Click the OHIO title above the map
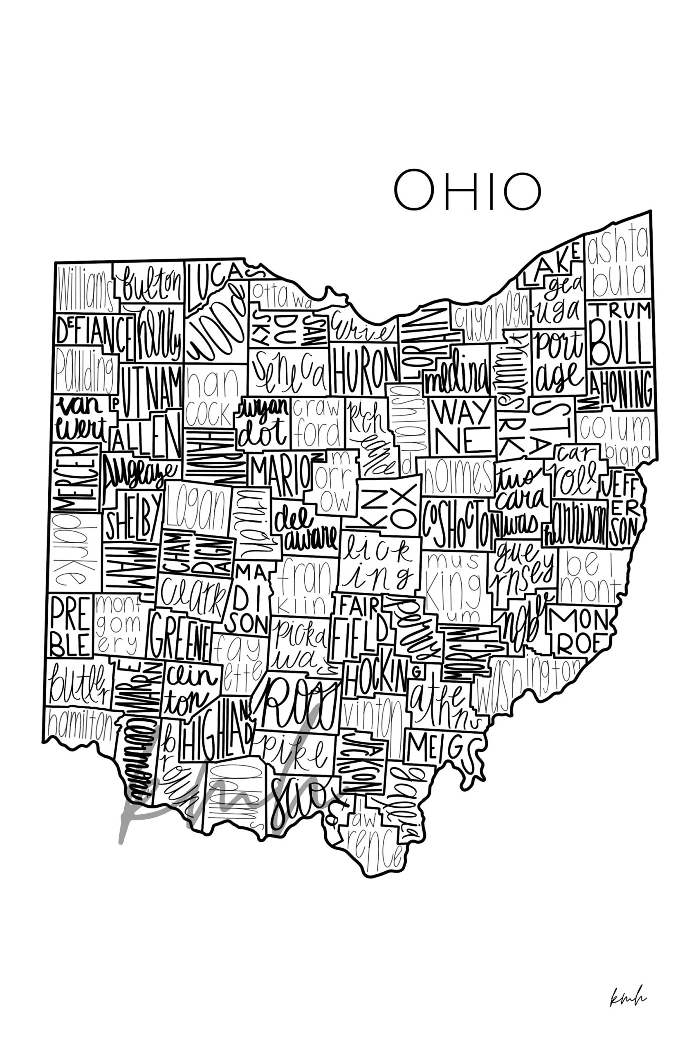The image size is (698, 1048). tap(467, 190)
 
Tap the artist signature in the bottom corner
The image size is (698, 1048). tap(628, 997)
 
